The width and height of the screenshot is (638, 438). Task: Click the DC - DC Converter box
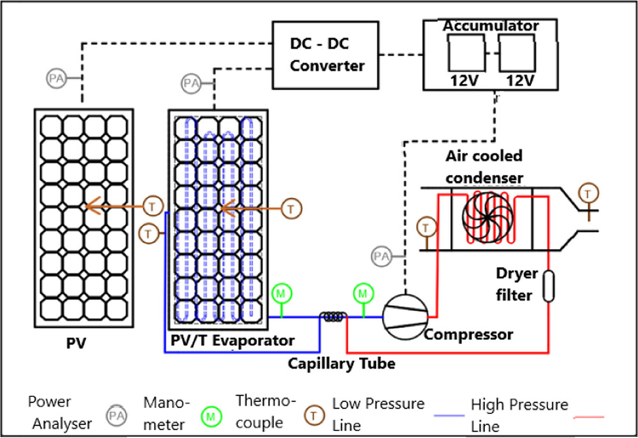325,55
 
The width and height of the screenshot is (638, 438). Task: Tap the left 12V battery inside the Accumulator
466,53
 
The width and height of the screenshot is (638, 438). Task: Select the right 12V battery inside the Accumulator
517,53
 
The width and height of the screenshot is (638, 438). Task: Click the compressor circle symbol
405,317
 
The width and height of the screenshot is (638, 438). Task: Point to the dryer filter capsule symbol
549,286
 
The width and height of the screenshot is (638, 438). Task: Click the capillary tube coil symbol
333,317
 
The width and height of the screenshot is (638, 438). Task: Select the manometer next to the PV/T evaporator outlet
281,293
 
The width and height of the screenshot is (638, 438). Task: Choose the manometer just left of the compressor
363,293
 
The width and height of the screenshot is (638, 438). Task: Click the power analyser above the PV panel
57,78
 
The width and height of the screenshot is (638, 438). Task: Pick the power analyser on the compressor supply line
381,256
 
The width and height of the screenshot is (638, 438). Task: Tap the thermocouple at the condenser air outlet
588,193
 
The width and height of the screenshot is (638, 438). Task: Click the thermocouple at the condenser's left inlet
426,227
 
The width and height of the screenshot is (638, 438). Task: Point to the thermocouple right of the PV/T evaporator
291,209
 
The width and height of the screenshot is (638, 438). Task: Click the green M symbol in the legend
211,416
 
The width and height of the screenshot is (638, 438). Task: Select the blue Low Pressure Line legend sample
449,416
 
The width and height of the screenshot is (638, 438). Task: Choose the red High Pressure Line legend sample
589,417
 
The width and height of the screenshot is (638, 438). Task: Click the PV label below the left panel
76,343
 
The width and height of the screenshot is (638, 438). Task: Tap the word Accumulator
490,26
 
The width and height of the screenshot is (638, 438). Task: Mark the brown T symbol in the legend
314,416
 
